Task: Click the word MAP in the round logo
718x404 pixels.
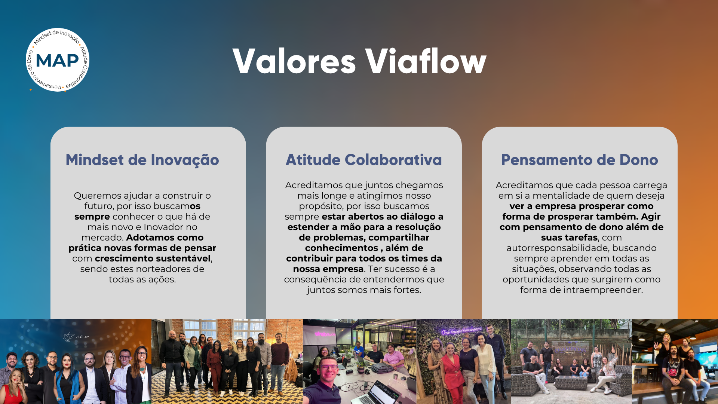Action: point(57,60)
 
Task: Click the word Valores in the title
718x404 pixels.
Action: point(294,61)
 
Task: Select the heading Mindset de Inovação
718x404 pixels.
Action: point(142,160)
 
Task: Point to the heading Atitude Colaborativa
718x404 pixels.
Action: point(364,160)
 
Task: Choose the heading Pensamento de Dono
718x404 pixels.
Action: point(580,160)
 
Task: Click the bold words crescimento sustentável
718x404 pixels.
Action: point(153,258)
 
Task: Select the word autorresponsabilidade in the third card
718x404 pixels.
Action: point(557,248)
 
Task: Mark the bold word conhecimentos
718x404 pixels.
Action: point(342,248)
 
